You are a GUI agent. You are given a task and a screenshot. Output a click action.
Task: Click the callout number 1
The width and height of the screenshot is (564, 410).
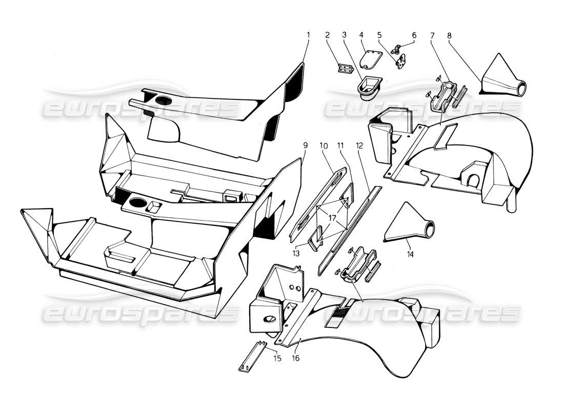pos(309,35)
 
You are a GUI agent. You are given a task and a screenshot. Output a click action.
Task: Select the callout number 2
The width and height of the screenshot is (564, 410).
pos(327,35)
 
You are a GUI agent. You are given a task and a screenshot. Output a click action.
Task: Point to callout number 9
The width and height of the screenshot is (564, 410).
pos(305,146)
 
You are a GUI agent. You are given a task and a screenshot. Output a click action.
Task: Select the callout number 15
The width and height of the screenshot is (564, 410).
pos(277,358)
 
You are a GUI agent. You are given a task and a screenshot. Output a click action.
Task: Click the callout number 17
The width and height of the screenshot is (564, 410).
pos(332,218)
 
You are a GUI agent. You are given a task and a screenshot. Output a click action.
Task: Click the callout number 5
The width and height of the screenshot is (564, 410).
pos(379,35)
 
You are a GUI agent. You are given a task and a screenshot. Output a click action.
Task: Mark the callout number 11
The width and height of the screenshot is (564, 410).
pos(340,146)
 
